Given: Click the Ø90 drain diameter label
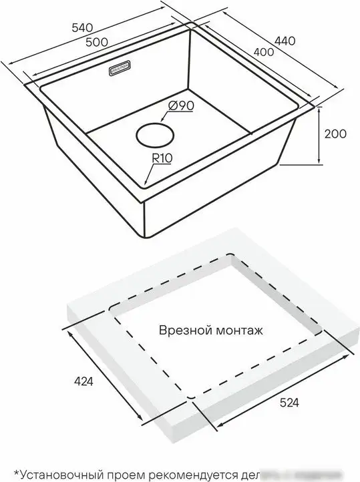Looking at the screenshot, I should [x=181, y=105].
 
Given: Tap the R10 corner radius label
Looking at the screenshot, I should [x=163, y=159].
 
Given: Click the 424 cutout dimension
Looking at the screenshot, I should [x=79, y=382].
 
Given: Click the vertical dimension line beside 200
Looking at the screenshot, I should [x=320, y=134].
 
